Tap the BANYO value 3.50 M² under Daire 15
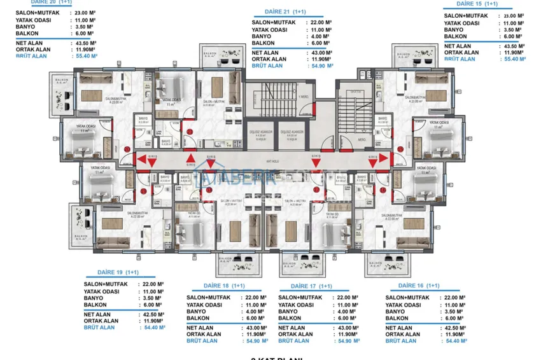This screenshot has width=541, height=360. click(x=513, y=29)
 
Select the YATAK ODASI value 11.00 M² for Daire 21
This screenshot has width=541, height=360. click(x=320, y=30)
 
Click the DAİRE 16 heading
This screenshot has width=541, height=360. click(x=419, y=286)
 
